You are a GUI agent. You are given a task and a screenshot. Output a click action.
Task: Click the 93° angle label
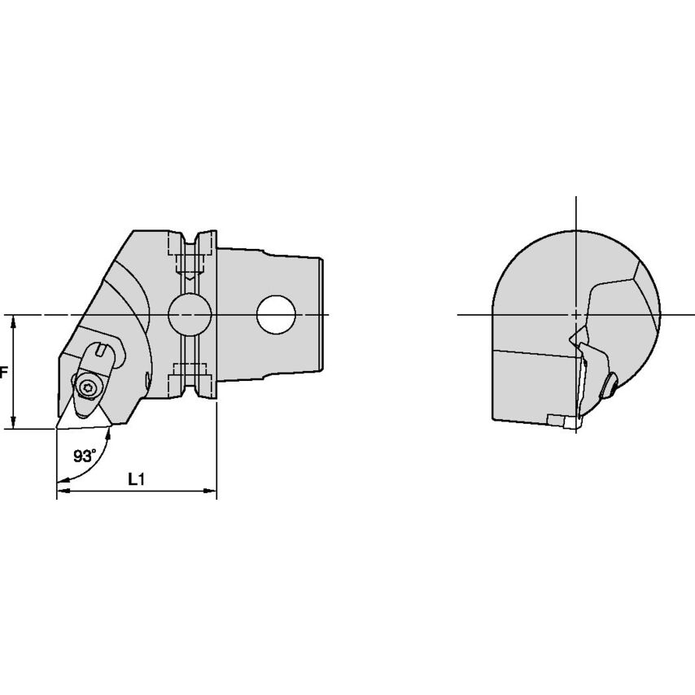85,456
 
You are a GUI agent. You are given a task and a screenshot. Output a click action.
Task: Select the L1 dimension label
136,479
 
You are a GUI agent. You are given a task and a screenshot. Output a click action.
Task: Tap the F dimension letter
3,373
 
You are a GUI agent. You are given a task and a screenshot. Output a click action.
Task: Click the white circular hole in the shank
276,315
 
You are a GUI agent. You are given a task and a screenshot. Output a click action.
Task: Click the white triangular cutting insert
83,419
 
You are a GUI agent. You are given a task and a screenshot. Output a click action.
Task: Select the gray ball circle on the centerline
190,314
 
